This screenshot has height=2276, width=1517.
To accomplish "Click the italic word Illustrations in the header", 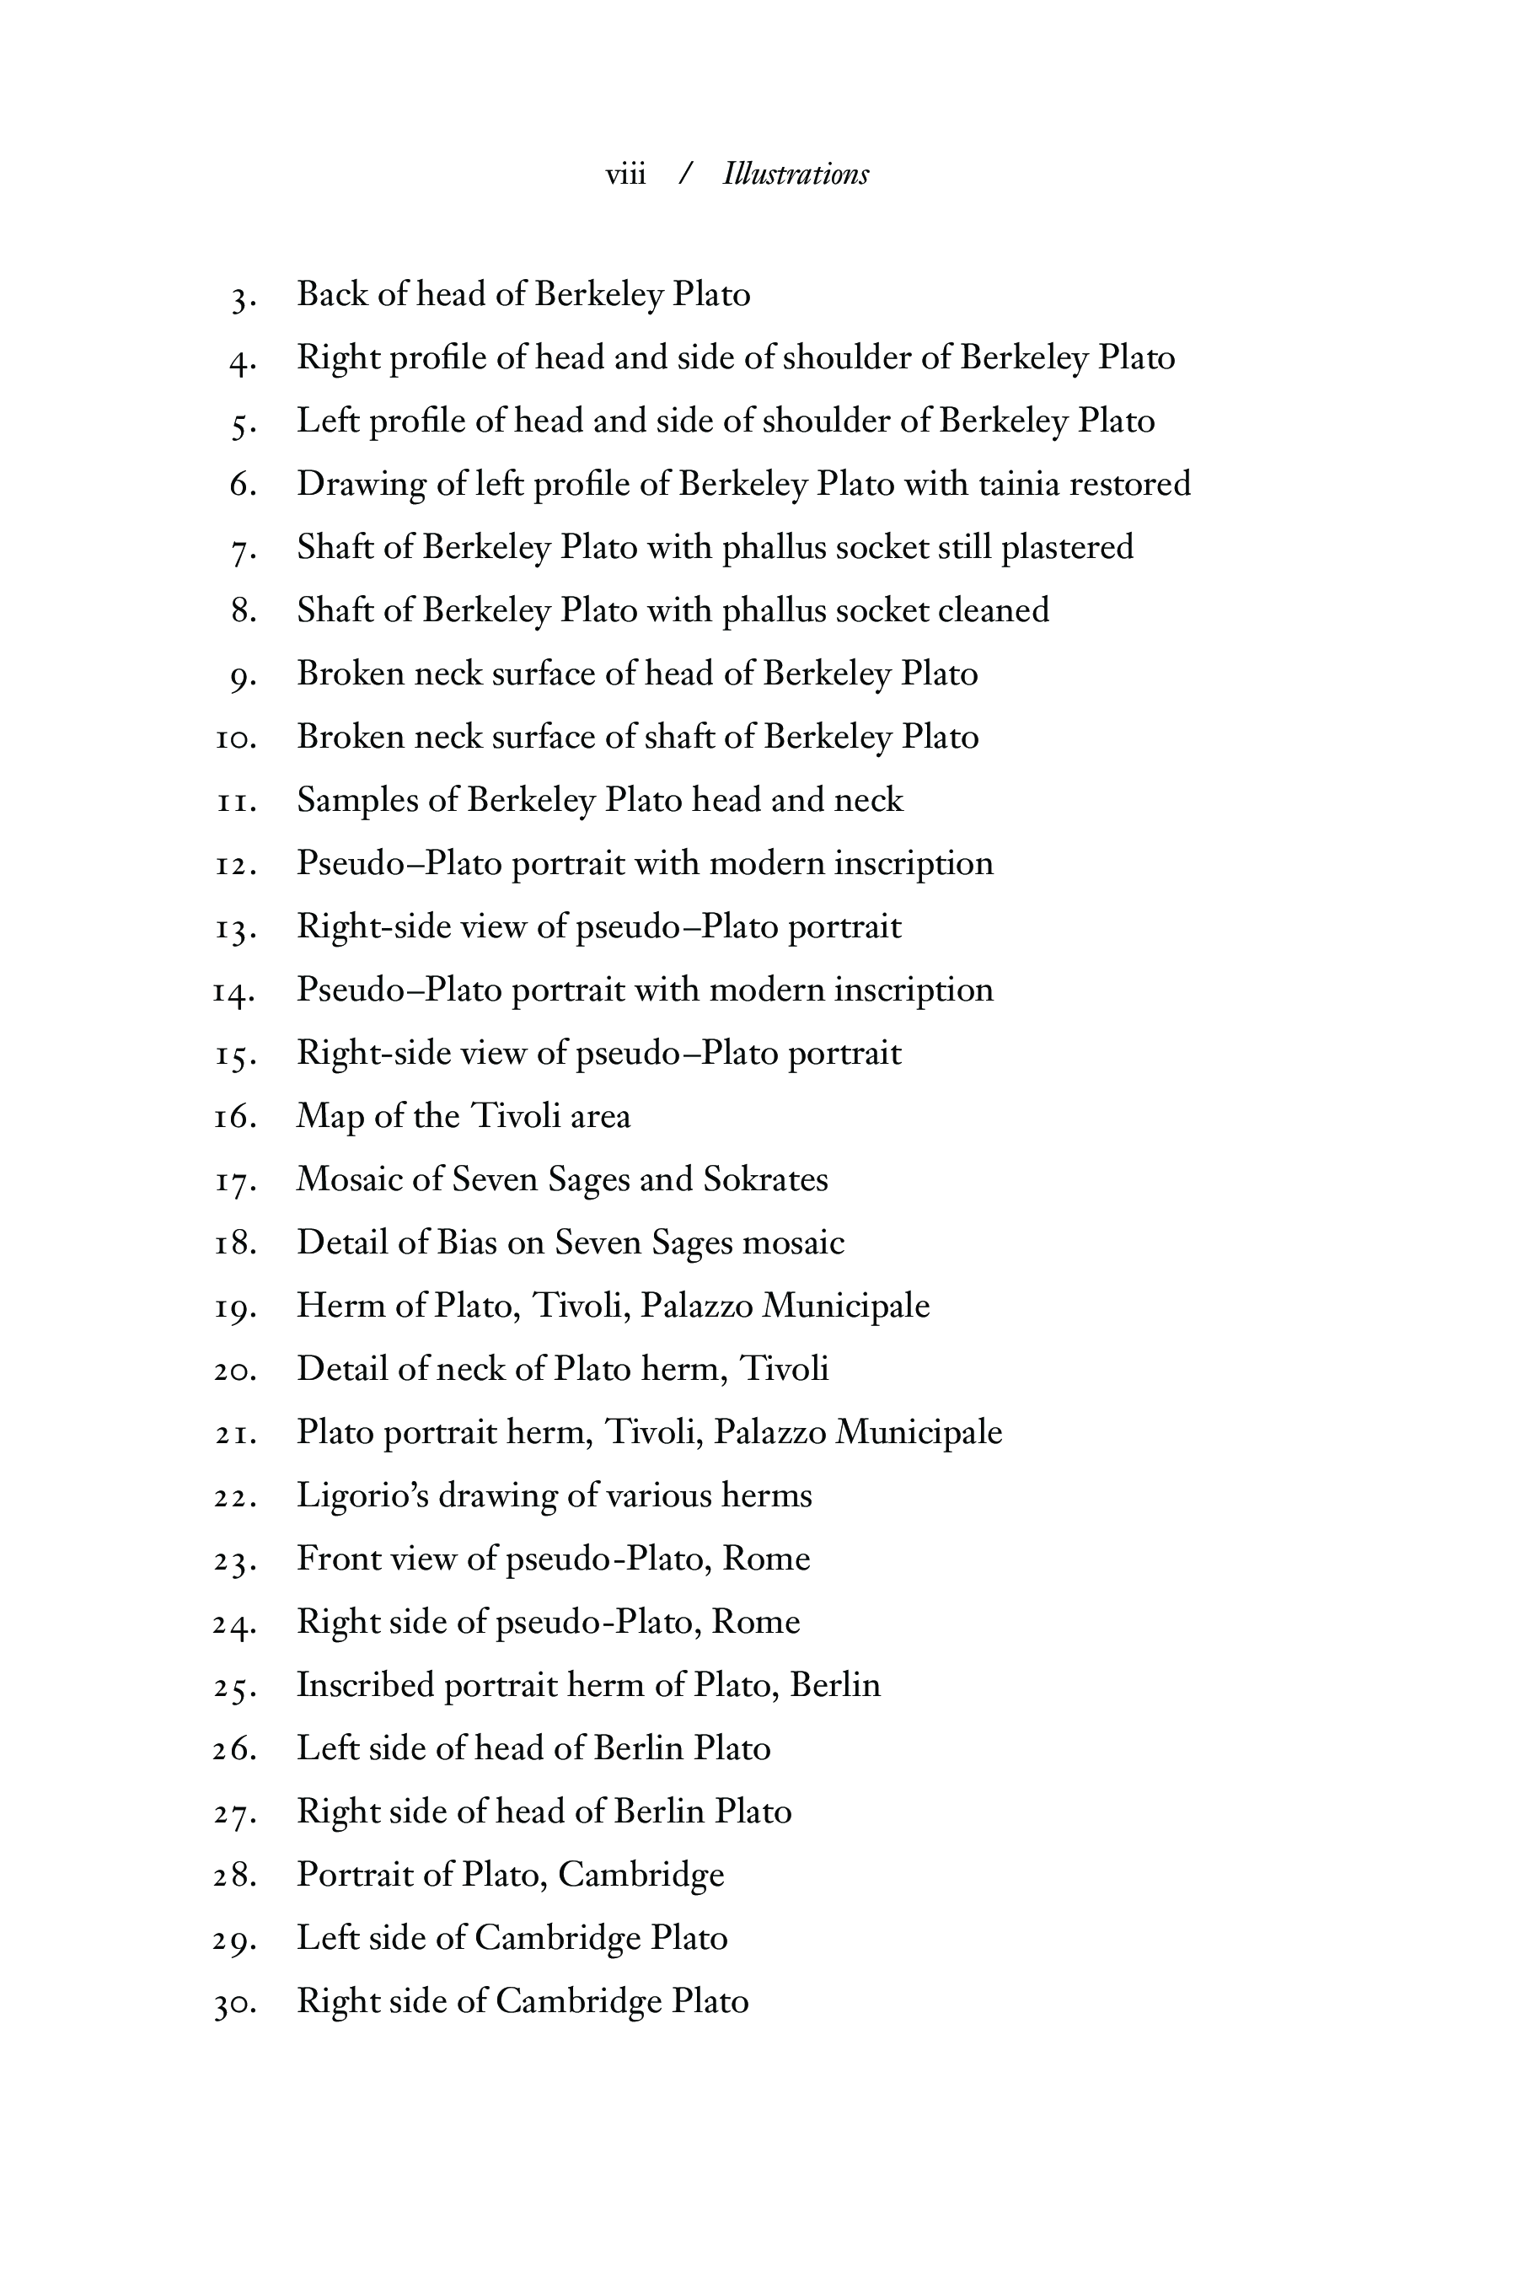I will click(x=796, y=174).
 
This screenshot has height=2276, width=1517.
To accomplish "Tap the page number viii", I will click(x=625, y=174).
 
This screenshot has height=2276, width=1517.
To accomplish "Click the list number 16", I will click(x=234, y=1118).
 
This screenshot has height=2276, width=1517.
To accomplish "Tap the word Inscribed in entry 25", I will click(x=365, y=1686).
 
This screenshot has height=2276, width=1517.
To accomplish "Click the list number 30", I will click(x=234, y=2003).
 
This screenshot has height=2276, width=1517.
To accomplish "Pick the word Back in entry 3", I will click(x=332, y=294).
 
